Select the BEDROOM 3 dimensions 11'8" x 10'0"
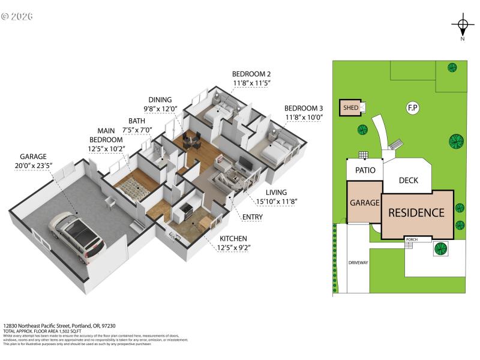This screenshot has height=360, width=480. pos(304,118)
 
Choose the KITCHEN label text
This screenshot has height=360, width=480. pos(233,238)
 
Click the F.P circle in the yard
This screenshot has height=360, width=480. pos(412,108)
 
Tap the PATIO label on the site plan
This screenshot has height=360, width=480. pos(365,170)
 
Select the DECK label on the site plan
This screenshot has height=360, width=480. pos(408,180)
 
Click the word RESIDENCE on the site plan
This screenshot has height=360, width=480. pos(416,212)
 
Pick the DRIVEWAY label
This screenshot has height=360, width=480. pos(358,263)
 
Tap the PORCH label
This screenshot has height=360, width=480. pos(411,239)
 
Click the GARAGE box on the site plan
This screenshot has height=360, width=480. pos(365,203)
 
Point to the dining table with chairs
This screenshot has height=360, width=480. pos(192,142)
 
